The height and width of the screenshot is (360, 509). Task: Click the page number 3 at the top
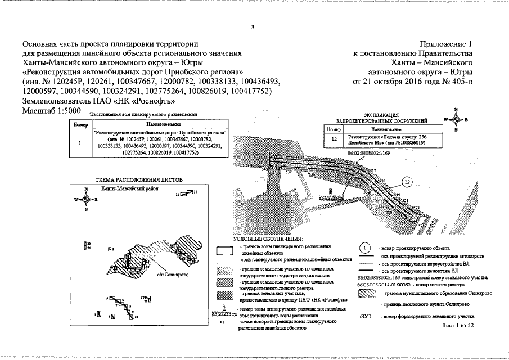click(253, 26)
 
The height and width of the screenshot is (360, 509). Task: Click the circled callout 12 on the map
click(407, 181)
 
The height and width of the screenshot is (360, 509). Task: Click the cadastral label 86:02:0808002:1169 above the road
click(366, 153)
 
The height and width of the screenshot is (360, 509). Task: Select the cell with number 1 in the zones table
click(80, 142)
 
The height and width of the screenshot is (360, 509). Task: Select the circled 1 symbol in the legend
click(364, 247)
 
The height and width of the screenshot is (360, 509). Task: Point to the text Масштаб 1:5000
click(49, 111)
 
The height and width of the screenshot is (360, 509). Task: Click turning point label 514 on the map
click(269, 154)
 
